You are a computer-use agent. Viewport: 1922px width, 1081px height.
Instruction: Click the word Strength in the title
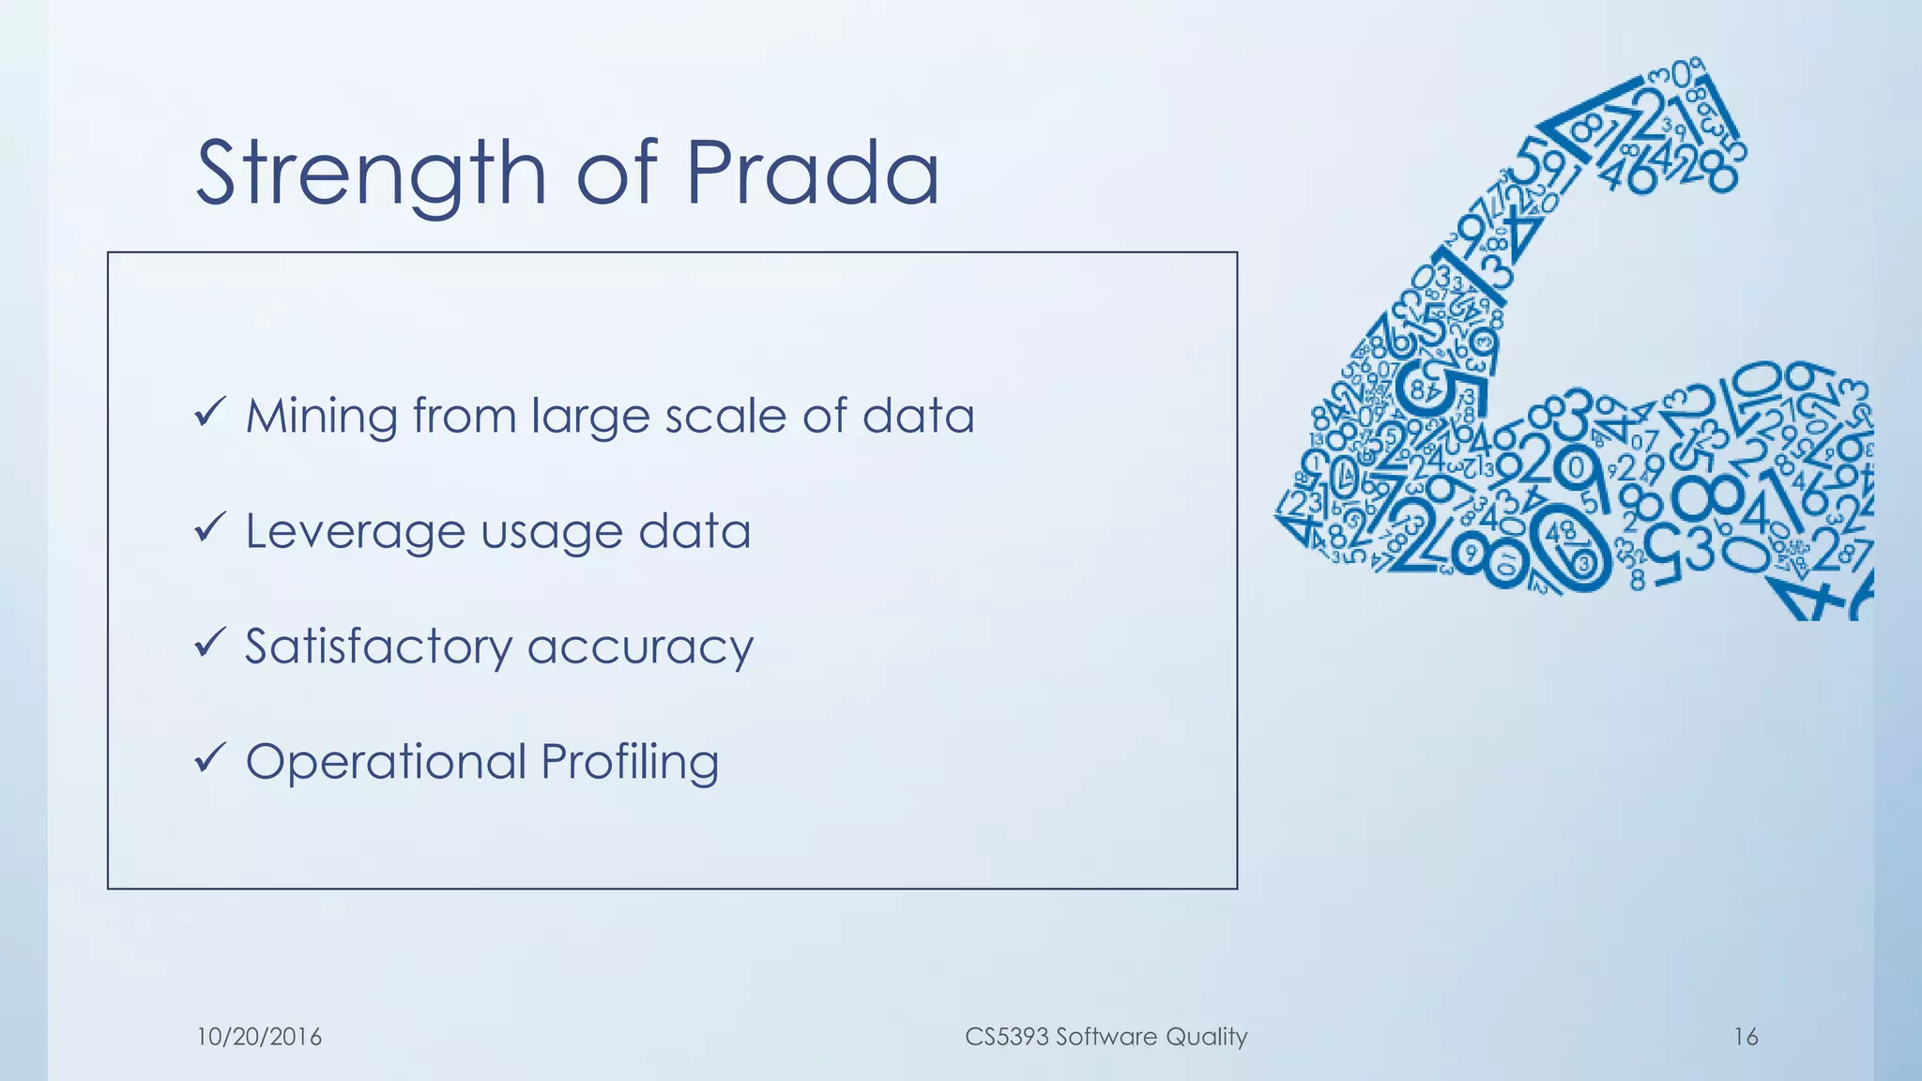point(371,174)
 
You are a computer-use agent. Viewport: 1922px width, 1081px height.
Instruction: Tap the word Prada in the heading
point(812,174)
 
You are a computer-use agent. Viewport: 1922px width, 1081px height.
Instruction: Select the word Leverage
point(355,532)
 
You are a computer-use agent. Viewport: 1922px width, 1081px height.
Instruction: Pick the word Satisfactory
point(378,647)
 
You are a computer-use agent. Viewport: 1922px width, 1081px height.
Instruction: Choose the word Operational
point(386,762)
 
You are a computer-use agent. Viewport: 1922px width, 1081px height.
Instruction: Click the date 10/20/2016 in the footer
point(259,1037)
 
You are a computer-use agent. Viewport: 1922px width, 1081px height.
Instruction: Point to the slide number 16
point(1746,1037)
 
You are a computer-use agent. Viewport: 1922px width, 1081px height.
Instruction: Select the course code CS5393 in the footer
point(1006,1037)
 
